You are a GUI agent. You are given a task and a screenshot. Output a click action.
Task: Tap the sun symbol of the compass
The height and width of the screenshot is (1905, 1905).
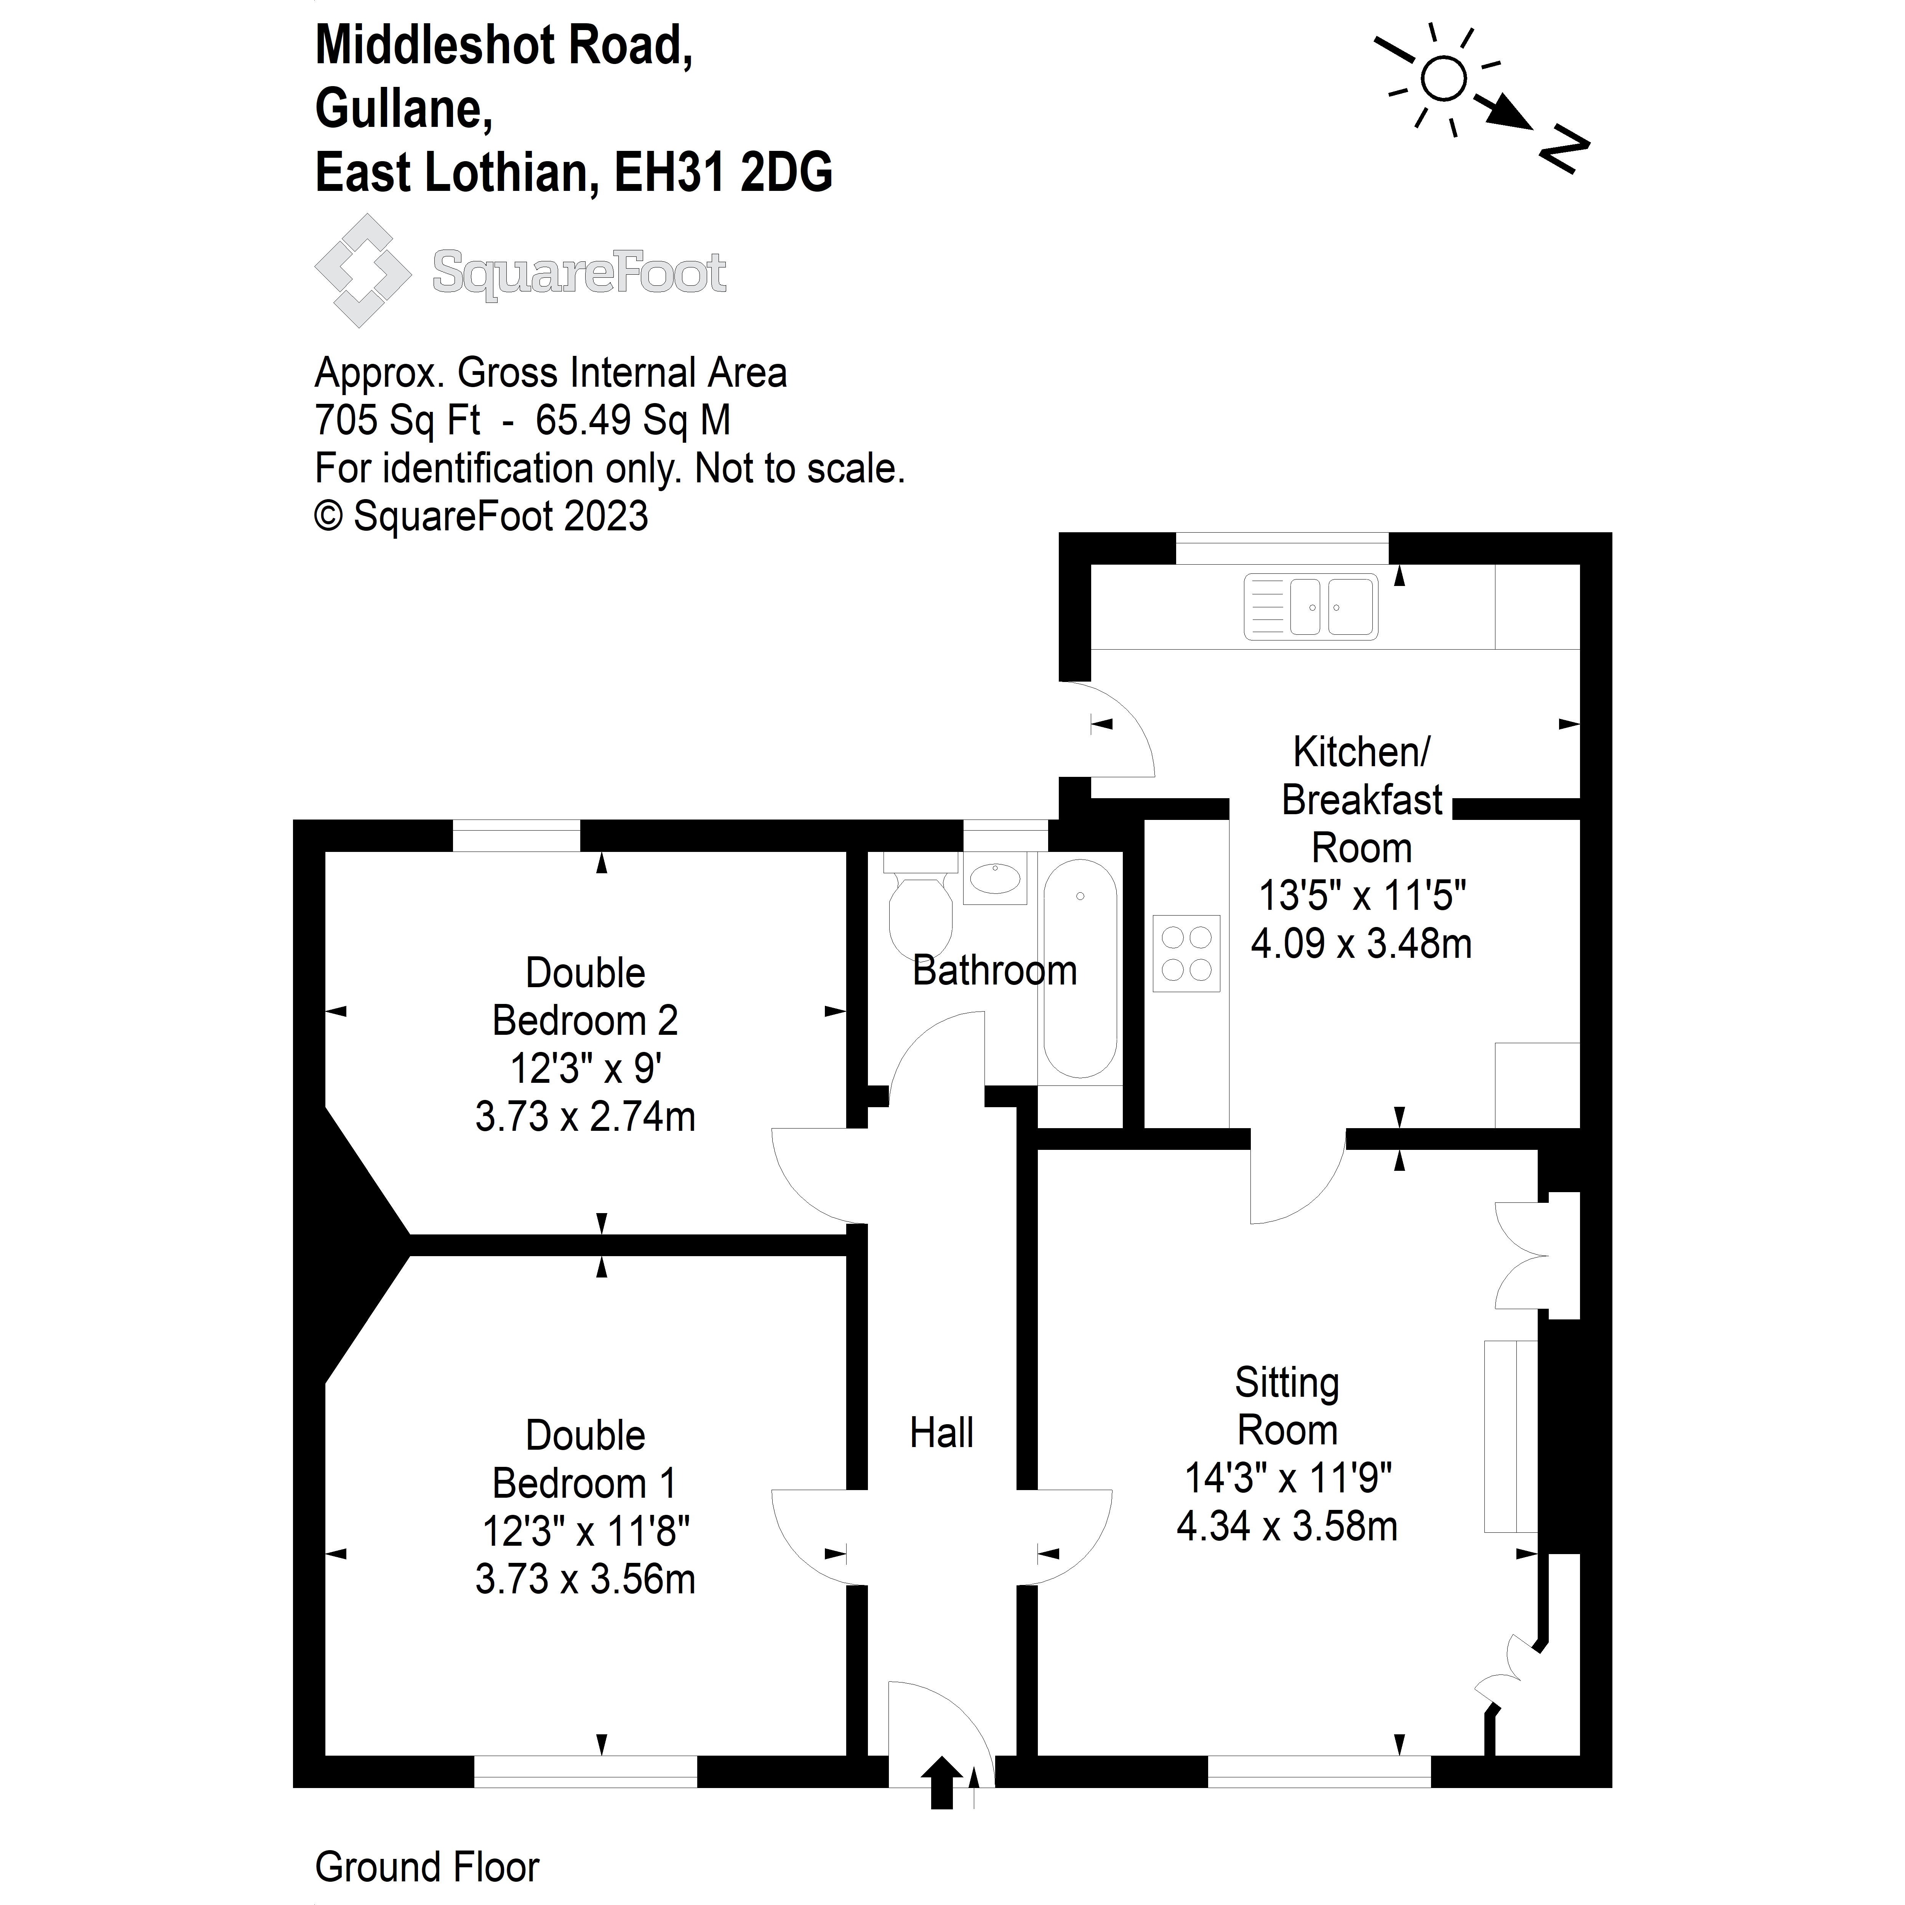(x=1444, y=79)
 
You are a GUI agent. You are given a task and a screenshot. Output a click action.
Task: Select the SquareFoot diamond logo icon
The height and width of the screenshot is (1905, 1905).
(x=362, y=270)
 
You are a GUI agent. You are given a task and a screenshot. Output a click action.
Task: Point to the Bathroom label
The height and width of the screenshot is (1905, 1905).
(x=994, y=971)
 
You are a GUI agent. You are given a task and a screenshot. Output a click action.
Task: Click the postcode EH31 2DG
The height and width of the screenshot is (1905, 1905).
(x=723, y=173)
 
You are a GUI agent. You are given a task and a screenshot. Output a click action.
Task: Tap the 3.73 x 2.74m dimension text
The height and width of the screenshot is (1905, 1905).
(x=585, y=1117)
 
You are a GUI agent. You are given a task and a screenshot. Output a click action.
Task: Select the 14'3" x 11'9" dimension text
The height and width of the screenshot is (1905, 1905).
(x=1287, y=1478)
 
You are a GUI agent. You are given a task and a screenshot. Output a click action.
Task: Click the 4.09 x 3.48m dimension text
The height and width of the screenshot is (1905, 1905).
(x=1361, y=944)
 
